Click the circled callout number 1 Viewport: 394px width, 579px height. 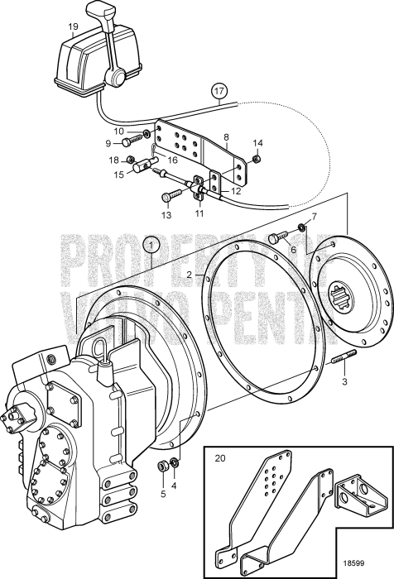click(x=150, y=245)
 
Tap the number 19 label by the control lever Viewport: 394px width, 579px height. click(x=73, y=26)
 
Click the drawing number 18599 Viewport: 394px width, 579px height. click(x=368, y=560)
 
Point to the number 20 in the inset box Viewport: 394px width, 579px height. click(x=219, y=457)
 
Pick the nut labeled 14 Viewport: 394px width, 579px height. click(x=257, y=158)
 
